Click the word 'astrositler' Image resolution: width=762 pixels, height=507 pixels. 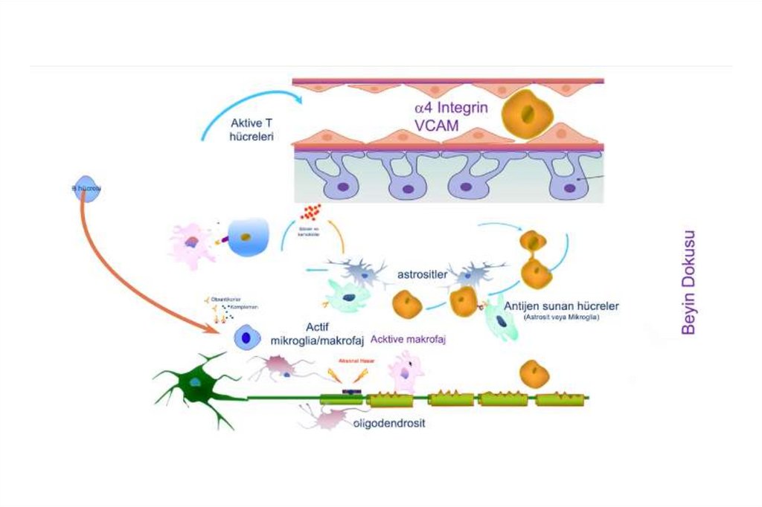(420, 274)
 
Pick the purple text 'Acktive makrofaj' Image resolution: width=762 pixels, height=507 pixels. (413, 338)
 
